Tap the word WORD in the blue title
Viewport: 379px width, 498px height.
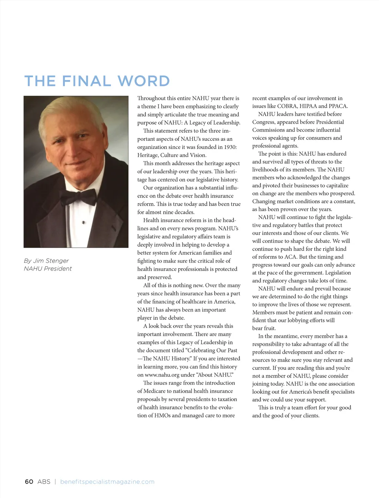click(x=144, y=81)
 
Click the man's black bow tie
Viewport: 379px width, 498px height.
click(x=78, y=197)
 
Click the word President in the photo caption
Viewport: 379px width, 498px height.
click(x=58, y=269)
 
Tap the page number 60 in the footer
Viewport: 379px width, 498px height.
click(x=29, y=482)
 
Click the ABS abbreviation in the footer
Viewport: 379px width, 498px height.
click(x=44, y=482)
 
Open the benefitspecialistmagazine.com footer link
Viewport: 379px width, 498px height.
click(x=107, y=482)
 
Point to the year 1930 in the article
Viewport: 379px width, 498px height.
click(x=230, y=147)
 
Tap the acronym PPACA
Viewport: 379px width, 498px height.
click(x=338, y=106)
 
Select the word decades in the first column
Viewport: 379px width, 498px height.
click(x=184, y=212)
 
